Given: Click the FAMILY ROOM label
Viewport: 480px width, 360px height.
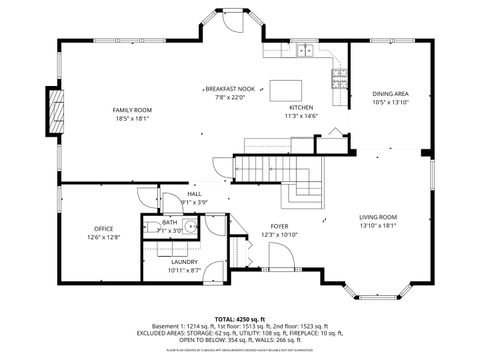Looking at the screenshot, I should pos(131,109).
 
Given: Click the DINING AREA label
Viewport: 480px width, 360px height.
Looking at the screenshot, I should pos(390,93).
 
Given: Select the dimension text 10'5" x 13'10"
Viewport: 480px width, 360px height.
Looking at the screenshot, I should pos(390,102).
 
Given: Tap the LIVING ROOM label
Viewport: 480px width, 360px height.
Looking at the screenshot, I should pos(378,217).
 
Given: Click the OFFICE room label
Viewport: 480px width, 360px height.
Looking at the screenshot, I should pos(104,229).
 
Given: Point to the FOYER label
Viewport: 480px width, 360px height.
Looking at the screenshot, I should pos(280,226).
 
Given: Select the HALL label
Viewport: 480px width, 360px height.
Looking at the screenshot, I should pos(194,193).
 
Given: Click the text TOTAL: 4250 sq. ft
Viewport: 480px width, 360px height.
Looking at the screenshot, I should pos(240,317).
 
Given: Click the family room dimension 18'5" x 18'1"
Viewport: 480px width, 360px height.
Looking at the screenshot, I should pos(131,118).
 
